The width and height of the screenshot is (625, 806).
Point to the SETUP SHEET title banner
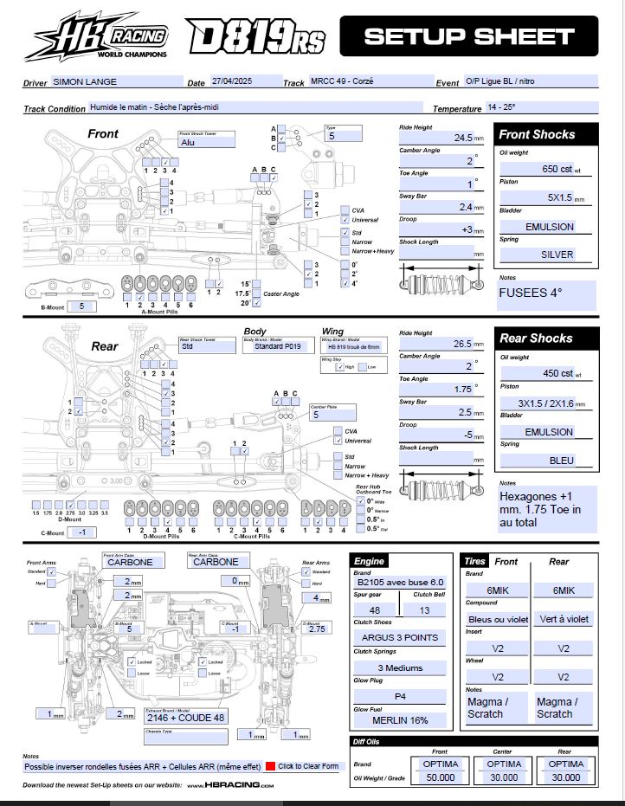(x=468, y=36)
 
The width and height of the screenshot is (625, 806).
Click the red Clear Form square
(x=271, y=766)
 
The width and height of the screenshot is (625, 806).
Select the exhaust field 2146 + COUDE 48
(x=186, y=717)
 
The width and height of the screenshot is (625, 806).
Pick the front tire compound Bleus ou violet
(x=498, y=619)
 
